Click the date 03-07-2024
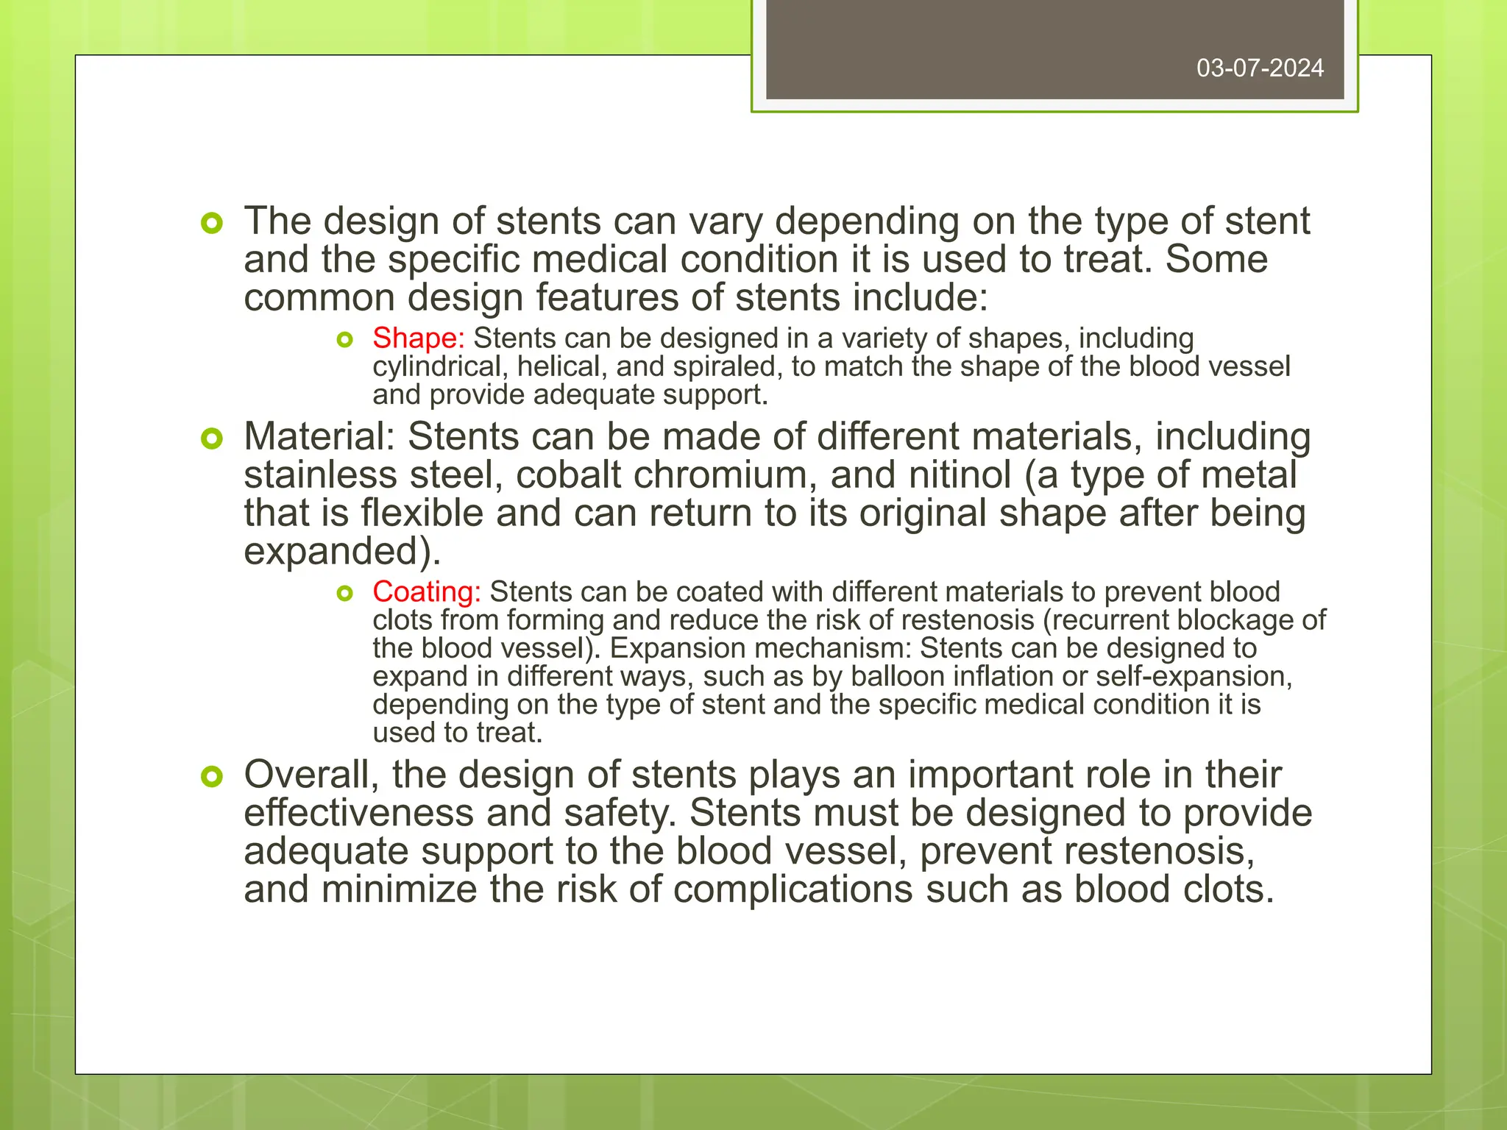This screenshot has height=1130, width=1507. [x=1260, y=68]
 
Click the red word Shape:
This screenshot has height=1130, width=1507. [x=418, y=338]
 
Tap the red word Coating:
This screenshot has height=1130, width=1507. [x=426, y=592]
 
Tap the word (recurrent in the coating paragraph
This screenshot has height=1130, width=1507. [x=1106, y=620]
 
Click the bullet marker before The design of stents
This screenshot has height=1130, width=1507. [x=211, y=223]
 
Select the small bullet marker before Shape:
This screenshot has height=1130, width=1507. [x=344, y=340]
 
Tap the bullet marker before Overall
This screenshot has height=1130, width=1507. [x=211, y=776]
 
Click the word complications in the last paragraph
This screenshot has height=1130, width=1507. [x=792, y=889]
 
